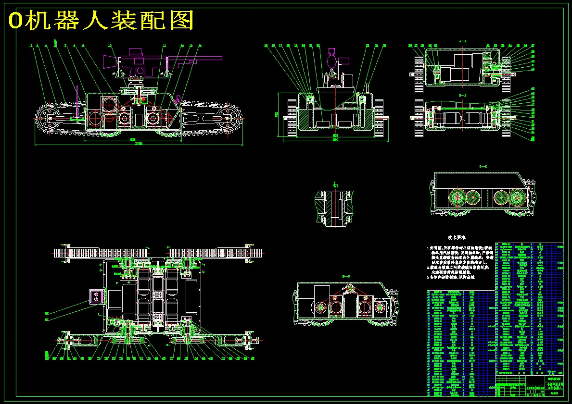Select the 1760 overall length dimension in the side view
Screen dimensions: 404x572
point(139,144)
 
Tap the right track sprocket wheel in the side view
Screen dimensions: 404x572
point(230,117)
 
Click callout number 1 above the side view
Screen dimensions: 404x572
point(31,46)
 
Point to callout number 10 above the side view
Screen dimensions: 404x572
point(110,46)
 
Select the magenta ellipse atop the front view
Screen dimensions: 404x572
point(332,61)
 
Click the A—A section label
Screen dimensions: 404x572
point(462,42)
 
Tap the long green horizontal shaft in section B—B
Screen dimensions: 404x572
point(462,118)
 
